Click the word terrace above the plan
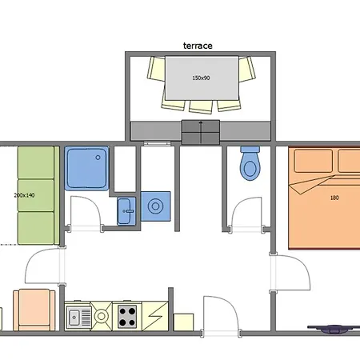click(198, 46)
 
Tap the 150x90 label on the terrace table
click(201, 78)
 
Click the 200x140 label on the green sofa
click(24, 195)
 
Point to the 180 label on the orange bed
click(334, 198)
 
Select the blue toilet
click(250, 163)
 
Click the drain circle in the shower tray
click(98, 158)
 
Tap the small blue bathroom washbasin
click(126, 211)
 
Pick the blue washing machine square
click(155, 206)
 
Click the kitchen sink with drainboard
click(78, 317)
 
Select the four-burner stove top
click(127, 317)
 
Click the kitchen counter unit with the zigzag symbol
click(155, 317)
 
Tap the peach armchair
click(34, 310)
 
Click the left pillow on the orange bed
click(314, 161)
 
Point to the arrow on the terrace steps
click(201, 132)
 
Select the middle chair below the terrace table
click(201, 106)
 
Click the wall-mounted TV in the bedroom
click(334, 329)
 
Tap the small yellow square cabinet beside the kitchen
click(183, 322)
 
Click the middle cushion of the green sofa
click(36, 195)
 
